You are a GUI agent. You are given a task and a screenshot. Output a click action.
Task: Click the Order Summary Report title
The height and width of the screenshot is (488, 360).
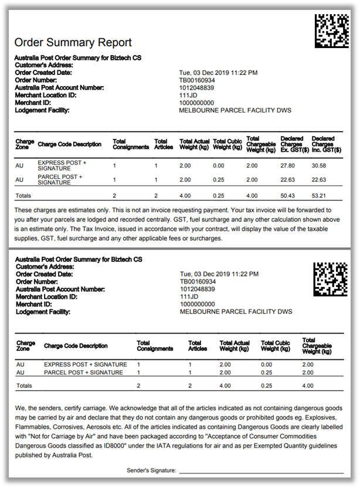click(x=73, y=43)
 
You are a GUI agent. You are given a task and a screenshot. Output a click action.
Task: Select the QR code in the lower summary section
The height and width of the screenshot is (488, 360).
click(x=331, y=278)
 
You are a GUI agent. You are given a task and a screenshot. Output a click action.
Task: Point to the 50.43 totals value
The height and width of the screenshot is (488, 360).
click(x=288, y=196)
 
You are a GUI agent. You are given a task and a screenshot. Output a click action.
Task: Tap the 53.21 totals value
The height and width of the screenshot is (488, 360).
click(x=320, y=196)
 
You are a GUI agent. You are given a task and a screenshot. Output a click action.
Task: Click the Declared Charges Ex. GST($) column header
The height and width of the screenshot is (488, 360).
click(x=292, y=144)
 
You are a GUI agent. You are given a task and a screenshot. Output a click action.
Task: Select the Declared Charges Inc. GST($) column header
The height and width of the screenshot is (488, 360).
click(x=323, y=144)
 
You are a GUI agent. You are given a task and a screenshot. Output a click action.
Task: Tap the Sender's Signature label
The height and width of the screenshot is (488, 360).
click(x=151, y=470)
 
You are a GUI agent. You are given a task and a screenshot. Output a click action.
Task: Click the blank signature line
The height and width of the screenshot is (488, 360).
click(x=261, y=472)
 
